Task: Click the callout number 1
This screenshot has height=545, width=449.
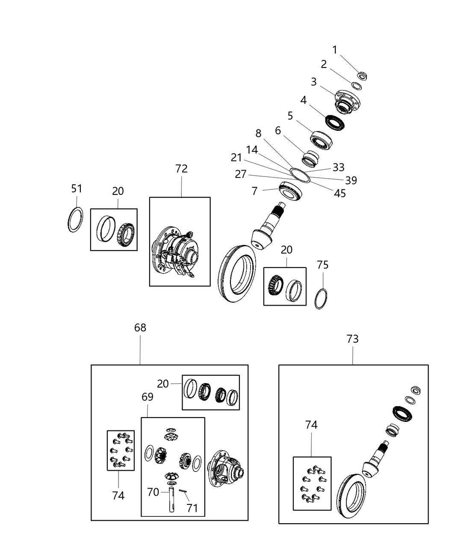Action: [x=335, y=50]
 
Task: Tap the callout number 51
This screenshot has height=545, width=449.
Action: [x=77, y=189]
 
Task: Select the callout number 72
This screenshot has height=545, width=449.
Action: [x=181, y=168]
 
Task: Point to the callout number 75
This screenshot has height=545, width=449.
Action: [x=323, y=265]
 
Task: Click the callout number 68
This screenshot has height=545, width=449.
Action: [x=140, y=328]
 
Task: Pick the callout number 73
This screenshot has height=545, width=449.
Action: [x=352, y=339]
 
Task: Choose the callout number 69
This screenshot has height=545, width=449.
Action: [x=148, y=397]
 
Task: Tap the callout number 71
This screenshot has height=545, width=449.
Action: [x=192, y=508]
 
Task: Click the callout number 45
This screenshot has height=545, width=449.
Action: [x=340, y=193]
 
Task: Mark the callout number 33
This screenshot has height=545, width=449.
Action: [x=339, y=167]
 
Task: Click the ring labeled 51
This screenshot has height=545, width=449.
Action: [x=75, y=220]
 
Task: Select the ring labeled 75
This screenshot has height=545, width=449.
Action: [x=322, y=298]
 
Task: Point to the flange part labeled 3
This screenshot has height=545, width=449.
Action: [x=347, y=100]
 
